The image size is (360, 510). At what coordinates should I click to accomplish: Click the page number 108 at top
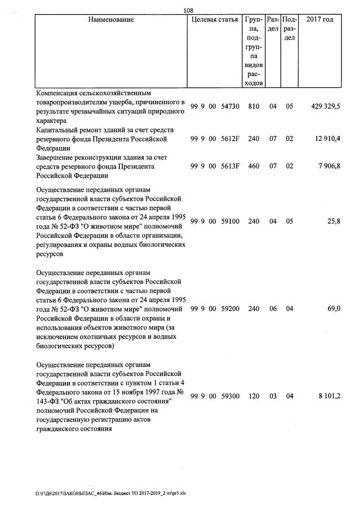[x=189, y=10]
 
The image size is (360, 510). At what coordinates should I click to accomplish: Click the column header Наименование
[x=111, y=20]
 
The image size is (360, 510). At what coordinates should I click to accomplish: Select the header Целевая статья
[x=215, y=20]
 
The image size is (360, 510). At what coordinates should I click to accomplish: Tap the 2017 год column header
[x=319, y=20]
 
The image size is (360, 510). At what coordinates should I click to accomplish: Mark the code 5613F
[x=230, y=167]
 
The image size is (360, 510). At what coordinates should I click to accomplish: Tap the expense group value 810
[x=254, y=106]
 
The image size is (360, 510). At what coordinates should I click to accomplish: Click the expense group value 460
[x=254, y=167]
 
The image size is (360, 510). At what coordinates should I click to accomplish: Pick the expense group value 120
[x=254, y=396]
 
